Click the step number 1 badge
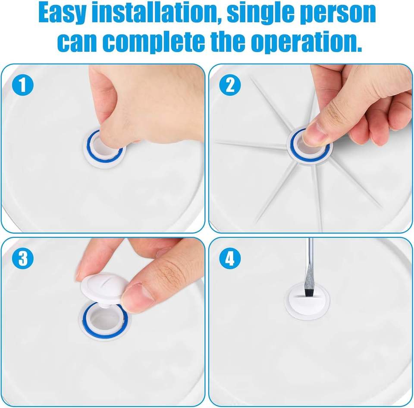pos(23,85)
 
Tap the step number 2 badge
pos(230,85)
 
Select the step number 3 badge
pos(23,258)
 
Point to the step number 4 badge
pos(230,258)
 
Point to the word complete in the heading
pos(155,42)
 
